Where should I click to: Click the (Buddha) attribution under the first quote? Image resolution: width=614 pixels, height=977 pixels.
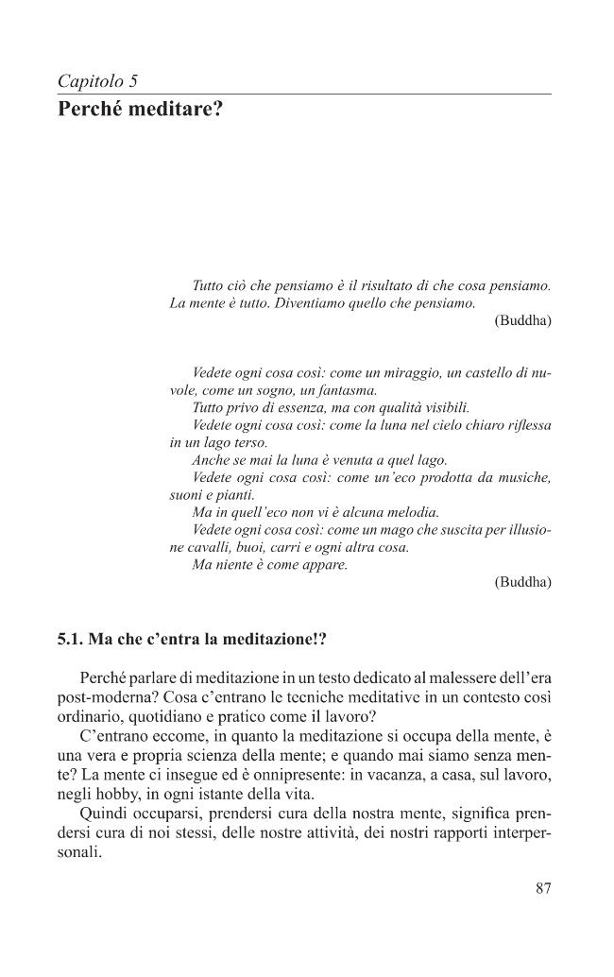(x=522, y=321)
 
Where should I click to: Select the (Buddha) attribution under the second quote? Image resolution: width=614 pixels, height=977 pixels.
(x=522, y=582)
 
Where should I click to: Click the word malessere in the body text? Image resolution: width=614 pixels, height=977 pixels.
(x=427, y=680)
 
